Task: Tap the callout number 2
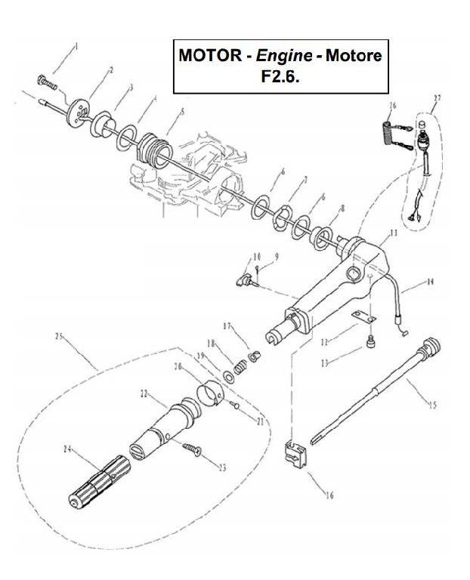[111, 69]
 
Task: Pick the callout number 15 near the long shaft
[432, 406]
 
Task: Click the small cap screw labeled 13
[371, 344]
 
